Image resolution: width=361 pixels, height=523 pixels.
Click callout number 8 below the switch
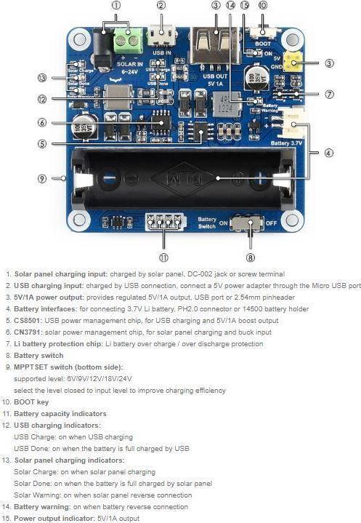pos(251,256)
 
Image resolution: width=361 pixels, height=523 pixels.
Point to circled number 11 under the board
pos(163,256)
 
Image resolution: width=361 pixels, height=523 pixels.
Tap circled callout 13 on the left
pos(42,78)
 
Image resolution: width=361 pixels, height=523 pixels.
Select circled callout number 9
pos(42,178)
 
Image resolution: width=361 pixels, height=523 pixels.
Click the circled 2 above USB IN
pos(161,6)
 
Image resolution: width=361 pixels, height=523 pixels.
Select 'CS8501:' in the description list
pos(28,320)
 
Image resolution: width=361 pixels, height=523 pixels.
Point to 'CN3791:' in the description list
pos(28,332)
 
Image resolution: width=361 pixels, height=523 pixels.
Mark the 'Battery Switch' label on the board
pos(207,223)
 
